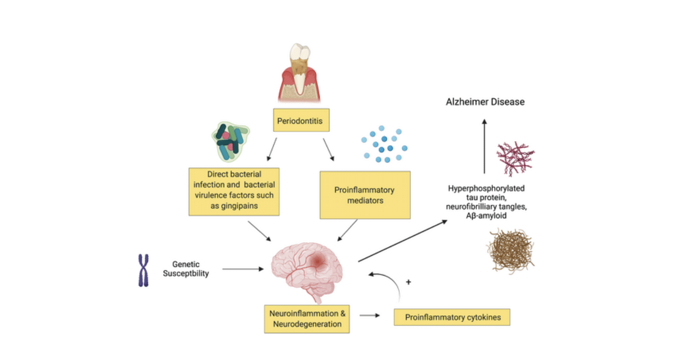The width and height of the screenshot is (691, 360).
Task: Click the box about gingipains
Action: [234, 192]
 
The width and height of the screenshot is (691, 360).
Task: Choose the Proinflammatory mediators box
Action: [365, 195]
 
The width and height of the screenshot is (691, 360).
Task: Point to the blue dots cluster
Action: [384, 144]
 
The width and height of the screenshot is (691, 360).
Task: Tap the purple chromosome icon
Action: [143, 270]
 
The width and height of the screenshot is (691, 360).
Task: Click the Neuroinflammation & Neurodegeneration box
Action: [307, 318]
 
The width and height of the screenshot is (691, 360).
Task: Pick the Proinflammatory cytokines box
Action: [452, 317]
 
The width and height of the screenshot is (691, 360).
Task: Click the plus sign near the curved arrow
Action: [408, 282]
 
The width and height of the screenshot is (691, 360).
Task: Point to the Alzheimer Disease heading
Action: [485, 102]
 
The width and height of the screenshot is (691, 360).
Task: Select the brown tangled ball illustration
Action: [510, 250]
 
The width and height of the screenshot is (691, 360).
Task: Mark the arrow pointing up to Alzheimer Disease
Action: [484, 146]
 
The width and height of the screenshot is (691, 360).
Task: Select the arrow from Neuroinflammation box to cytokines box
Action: [370, 316]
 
